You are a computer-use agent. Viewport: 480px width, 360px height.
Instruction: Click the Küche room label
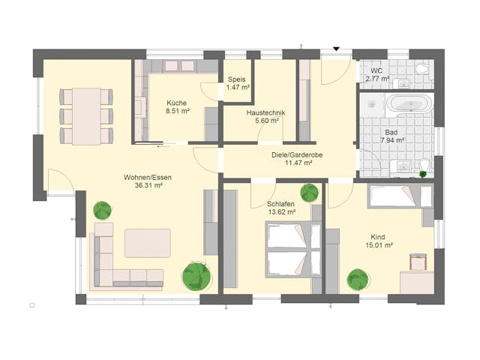(178, 103)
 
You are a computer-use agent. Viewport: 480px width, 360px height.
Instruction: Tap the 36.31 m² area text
(148, 185)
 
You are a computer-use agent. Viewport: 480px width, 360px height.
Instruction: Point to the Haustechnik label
(265, 113)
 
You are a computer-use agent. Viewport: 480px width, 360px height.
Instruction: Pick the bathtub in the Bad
(408, 103)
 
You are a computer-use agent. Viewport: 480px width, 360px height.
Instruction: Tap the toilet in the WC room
(422, 69)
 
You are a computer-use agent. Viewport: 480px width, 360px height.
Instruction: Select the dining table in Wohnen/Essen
(86, 116)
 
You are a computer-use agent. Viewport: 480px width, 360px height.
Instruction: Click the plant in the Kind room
(358, 280)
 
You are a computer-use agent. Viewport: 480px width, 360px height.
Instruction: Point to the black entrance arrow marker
(337, 49)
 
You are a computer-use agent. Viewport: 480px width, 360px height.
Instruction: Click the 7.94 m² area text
(393, 140)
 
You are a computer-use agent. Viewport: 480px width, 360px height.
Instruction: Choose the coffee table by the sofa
(147, 243)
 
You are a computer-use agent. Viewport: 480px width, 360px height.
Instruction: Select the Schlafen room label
(280, 204)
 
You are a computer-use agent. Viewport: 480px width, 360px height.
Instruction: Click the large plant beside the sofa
(196, 276)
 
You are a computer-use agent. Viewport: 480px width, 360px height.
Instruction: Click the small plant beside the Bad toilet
(423, 174)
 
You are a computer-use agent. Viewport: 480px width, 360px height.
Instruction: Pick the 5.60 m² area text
(266, 121)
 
